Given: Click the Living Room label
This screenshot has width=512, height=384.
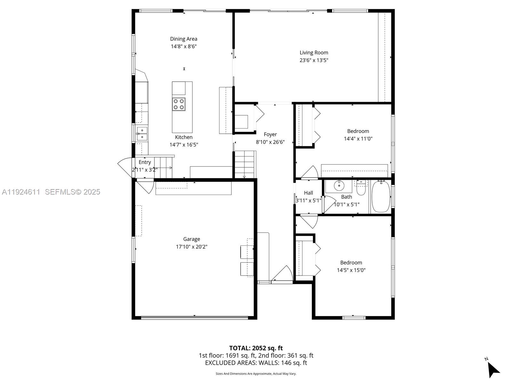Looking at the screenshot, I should [314, 52].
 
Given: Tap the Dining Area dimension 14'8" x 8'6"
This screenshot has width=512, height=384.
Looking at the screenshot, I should [183, 46].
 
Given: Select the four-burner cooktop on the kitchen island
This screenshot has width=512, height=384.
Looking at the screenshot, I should [179, 104].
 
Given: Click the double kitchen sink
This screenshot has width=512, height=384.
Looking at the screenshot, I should [142, 133].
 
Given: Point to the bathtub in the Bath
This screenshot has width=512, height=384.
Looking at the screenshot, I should [381, 196].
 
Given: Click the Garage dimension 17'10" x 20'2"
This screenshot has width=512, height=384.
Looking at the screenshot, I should [191, 247].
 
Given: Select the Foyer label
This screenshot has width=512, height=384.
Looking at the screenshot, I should [270, 134].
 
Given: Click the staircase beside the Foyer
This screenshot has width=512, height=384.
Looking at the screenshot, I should [245, 164].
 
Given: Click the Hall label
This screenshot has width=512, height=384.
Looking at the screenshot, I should [308, 193].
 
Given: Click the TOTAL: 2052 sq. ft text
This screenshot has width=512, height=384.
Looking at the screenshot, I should [256, 348].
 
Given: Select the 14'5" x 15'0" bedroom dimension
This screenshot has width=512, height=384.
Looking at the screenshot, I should [351, 270].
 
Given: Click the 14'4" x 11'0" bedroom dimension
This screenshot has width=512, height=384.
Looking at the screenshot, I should [358, 139].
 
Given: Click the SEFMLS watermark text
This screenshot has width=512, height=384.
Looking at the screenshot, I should [72, 192].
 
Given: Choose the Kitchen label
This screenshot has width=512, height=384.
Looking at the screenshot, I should [184, 137].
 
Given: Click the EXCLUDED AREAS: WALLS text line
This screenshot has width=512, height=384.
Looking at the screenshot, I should [256, 363].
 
